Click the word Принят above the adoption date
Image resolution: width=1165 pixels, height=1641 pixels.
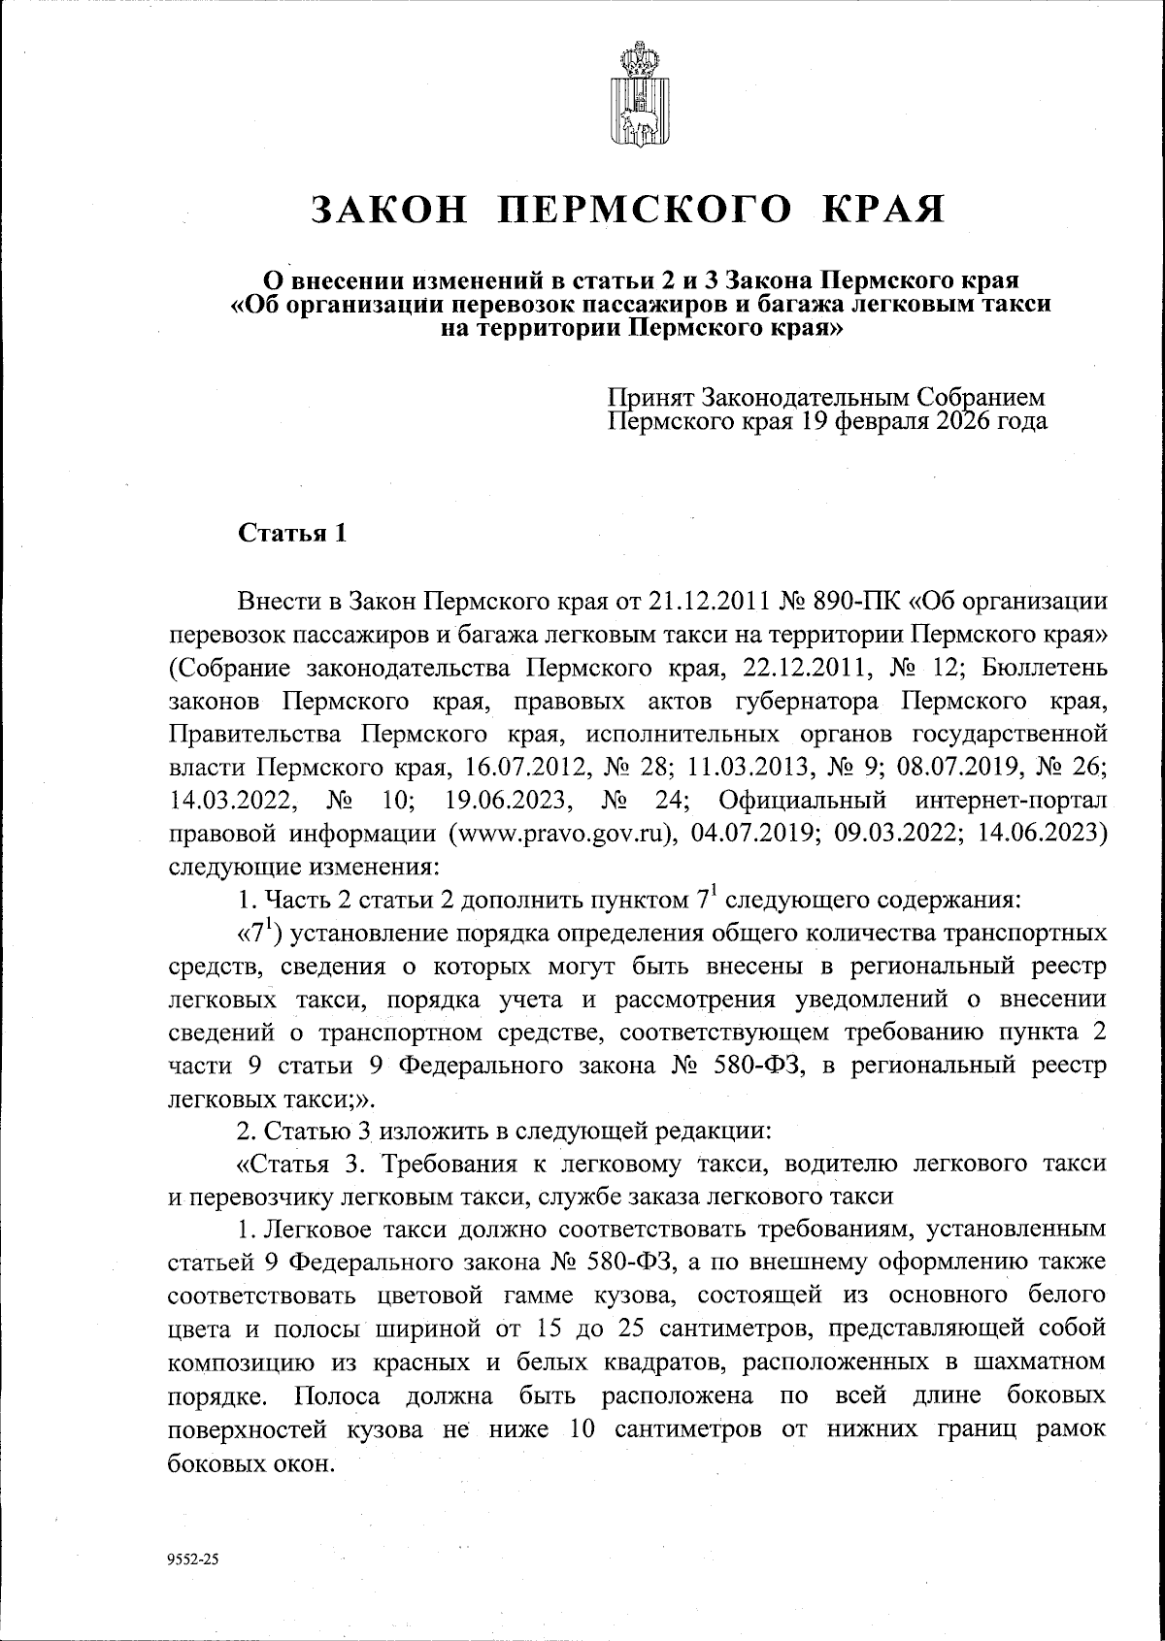(650, 398)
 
